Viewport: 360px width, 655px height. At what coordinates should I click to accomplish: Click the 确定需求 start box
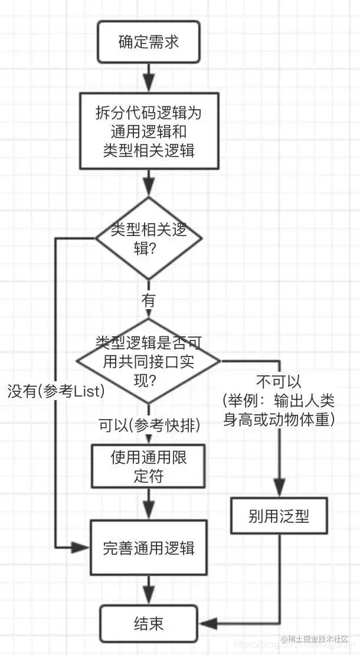click(x=148, y=42)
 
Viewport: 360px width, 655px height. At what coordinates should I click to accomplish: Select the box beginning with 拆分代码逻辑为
click(x=149, y=131)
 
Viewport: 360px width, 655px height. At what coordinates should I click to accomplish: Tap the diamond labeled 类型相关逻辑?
click(x=149, y=238)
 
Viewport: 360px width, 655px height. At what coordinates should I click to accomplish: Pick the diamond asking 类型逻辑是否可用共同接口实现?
click(x=149, y=361)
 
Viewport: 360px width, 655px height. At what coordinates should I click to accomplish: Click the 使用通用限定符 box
click(x=149, y=466)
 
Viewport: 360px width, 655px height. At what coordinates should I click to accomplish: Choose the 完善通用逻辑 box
click(x=149, y=547)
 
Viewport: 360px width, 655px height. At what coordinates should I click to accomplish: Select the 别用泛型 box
click(x=279, y=516)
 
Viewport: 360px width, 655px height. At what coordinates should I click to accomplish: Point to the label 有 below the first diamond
click(x=149, y=299)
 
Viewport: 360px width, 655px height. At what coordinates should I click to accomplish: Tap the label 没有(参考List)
click(x=56, y=391)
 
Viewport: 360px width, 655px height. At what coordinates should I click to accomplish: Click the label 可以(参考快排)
click(x=149, y=424)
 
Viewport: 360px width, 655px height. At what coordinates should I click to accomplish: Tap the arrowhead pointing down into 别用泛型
click(x=279, y=492)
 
